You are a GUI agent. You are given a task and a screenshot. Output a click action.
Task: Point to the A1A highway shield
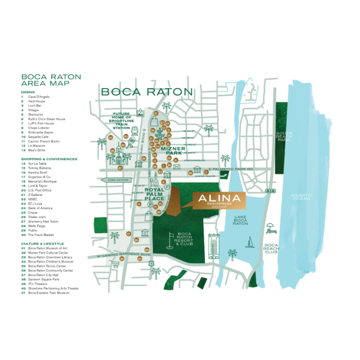click(x=270, y=191)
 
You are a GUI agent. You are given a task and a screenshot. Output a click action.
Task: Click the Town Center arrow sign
click(x=117, y=180)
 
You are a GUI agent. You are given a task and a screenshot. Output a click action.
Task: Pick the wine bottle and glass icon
click(x=157, y=181)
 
